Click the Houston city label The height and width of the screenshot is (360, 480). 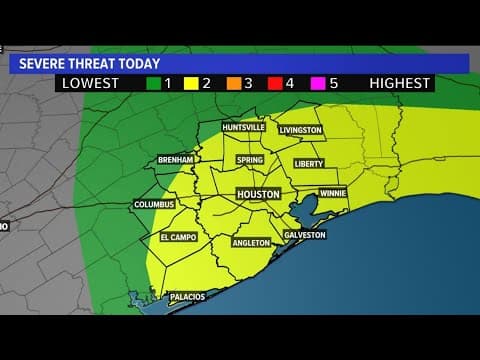coord(258,194)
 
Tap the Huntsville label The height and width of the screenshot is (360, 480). coord(245,128)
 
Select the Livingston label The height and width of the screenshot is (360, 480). coord(301,130)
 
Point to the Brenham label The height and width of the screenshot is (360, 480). coord(176,160)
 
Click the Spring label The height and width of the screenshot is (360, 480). coord(250,160)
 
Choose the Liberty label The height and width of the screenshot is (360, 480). coord(309,163)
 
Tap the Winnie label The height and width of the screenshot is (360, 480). coord(333,193)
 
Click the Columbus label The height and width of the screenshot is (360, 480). coord(155,205)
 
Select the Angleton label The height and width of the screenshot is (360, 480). coord(250,243)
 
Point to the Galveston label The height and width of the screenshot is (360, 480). coord(305,235)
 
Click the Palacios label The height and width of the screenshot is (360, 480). coord(187,296)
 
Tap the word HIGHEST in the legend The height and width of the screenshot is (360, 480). coord(399,84)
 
